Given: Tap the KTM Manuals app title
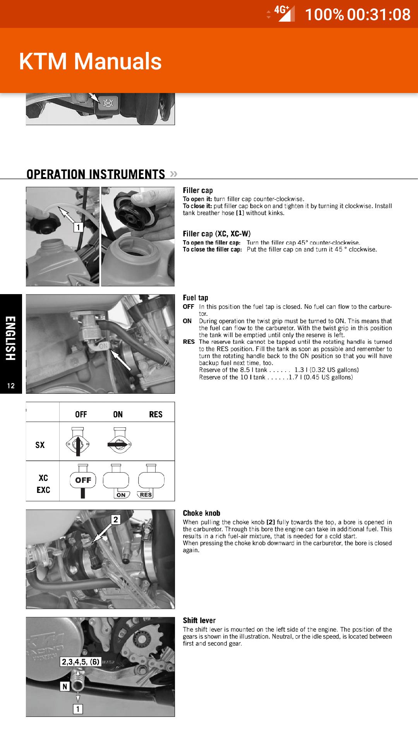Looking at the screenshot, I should click(x=90, y=61).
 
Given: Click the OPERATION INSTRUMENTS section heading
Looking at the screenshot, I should click(x=96, y=174).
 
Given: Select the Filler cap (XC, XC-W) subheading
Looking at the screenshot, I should click(x=216, y=234).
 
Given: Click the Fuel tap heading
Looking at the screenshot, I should click(x=195, y=298).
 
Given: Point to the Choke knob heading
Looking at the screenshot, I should click(x=201, y=513).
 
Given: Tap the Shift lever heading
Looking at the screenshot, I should click(x=199, y=620).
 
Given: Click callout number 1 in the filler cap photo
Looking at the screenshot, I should click(x=79, y=227).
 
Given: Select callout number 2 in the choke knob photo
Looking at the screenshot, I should click(x=116, y=520).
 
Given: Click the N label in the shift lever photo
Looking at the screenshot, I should click(x=65, y=687).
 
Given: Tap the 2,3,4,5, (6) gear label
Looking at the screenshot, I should click(x=81, y=661).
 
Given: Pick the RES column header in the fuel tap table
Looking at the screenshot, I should click(x=156, y=414).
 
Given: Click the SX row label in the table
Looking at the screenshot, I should click(x=40, y=445).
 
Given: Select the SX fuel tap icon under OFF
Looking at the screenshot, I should click(x=78, y=442).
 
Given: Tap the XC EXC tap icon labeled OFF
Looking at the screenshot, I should click(x=83, y=480).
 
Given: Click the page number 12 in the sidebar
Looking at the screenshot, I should click(x=11, y=386).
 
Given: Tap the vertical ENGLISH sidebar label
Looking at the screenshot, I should click(x=11, y=338).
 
